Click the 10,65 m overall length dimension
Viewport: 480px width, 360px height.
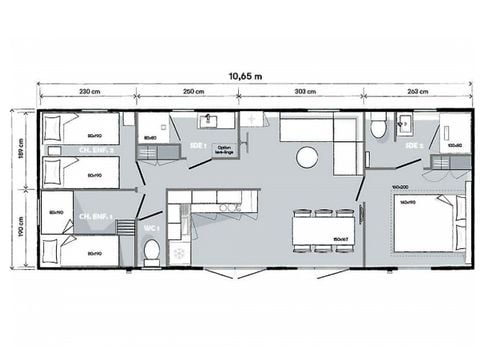tap(239, 75)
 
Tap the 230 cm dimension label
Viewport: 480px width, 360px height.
tap(90, 92)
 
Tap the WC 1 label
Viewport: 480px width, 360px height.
tap(152, 229)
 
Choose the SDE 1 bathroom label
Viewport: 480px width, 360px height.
tap(197, 146)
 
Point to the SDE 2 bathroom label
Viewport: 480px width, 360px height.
tap(413, 146)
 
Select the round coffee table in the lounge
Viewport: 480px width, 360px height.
tap(307, 157)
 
